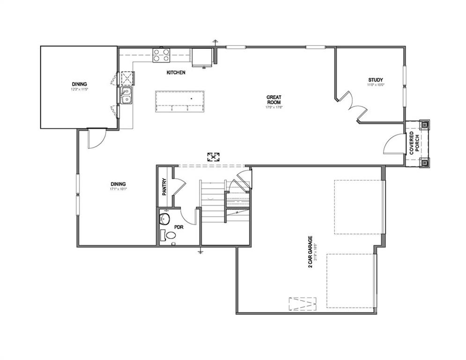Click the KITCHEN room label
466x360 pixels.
(176, 73)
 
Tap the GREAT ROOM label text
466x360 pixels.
(274, 99)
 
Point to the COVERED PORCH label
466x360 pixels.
(414, 143)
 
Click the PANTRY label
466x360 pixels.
(164, 186)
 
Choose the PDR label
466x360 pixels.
(178, 227)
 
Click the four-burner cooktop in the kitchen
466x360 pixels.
(162, 56)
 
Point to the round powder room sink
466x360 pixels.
(164, 218)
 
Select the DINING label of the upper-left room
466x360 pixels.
(79, 84)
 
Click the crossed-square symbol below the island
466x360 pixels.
(214, 157)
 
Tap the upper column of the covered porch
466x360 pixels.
(424, 125)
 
